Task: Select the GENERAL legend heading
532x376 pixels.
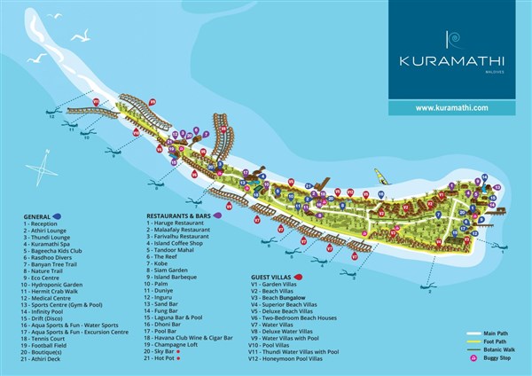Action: (37, 215)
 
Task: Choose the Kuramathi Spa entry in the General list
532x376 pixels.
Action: (51, 242)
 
